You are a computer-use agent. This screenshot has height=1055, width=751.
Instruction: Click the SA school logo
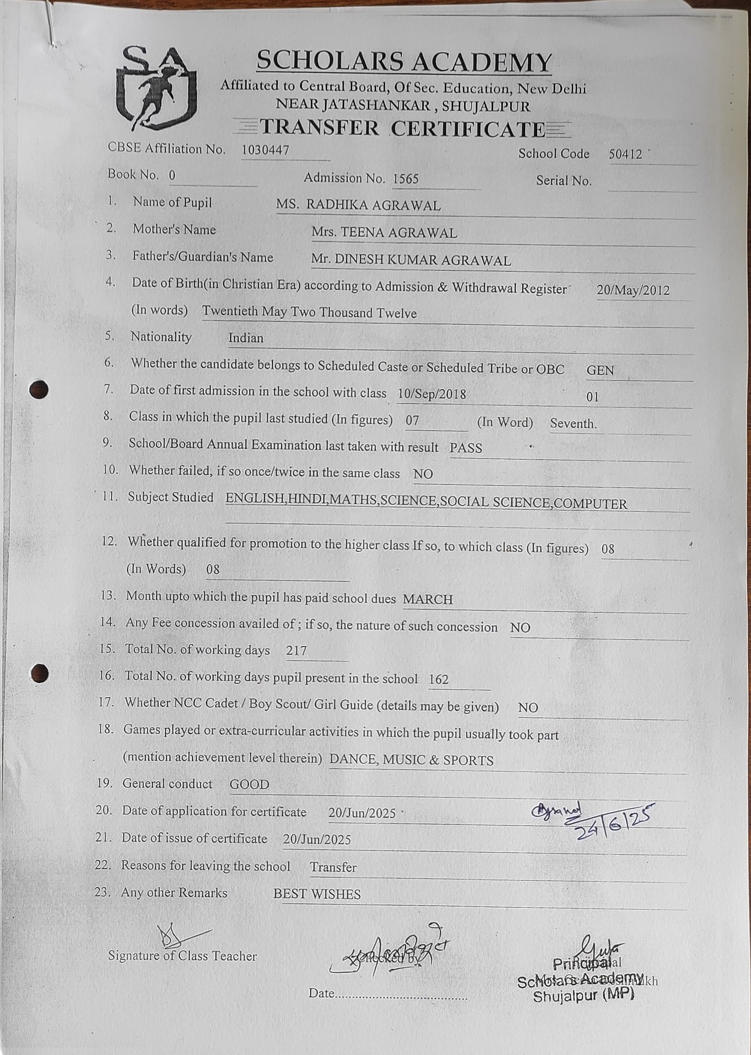[156, 88]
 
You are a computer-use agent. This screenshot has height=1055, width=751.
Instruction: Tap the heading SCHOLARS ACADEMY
[404, 61]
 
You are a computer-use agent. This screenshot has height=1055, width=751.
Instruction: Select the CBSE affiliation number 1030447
[265, 150]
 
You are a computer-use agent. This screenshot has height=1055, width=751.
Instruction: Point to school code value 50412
[625, 155]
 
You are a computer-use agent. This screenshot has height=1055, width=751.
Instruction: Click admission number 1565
[406, 179]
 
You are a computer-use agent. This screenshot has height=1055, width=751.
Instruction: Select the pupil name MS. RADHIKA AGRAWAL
[358, 205]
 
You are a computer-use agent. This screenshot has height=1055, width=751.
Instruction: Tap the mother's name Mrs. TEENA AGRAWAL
[384, 233]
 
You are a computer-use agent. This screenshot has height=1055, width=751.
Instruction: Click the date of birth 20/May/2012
[632, 290]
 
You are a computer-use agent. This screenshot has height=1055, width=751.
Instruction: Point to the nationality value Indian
[246, 338]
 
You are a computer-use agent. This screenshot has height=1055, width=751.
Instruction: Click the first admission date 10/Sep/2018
[432, 394]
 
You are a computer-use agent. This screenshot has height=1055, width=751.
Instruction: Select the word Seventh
[573, 423]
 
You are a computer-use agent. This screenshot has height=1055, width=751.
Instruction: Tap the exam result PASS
[466, 448]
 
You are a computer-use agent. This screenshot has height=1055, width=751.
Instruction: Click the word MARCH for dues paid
[427, 599]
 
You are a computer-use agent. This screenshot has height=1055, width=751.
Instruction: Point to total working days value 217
[296, 651]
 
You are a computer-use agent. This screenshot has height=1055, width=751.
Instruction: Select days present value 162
[438, 679]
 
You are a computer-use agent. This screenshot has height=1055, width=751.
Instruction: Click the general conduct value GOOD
[249, 784]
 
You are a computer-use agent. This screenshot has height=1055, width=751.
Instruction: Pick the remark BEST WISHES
[317, 894]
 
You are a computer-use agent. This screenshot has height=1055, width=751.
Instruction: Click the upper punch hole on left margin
[39, 389]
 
